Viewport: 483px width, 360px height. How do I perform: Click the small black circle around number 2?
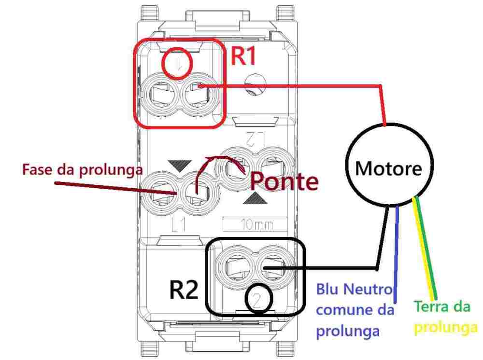(257, 300)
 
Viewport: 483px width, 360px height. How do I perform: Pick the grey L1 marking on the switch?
(180, 225)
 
